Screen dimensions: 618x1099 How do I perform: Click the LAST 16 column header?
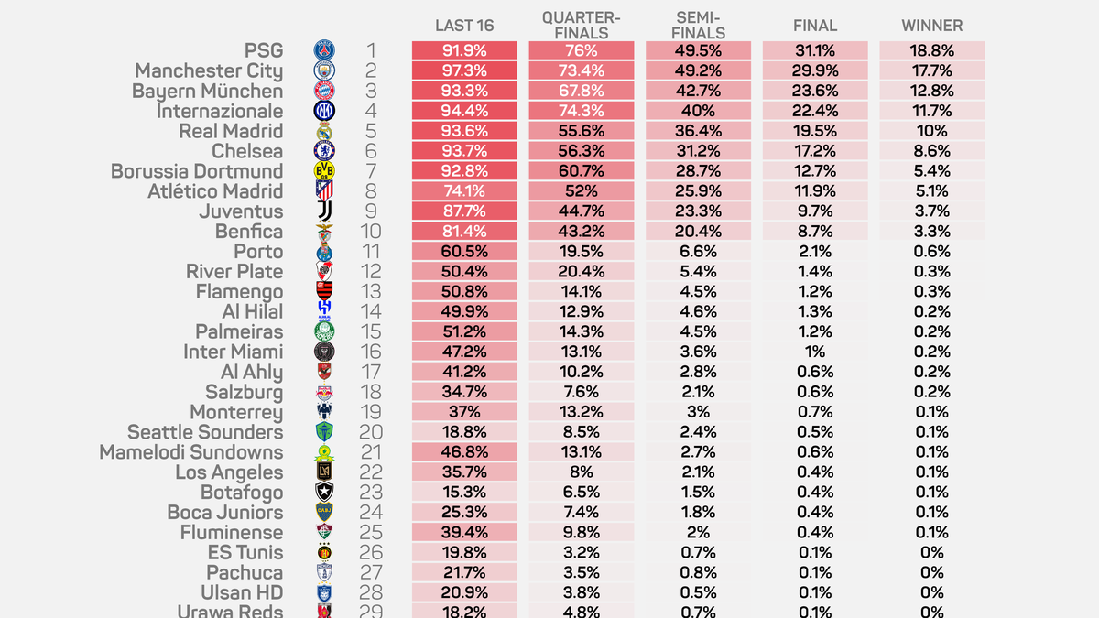point(464,26)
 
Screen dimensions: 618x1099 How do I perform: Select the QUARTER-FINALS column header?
point(582,26)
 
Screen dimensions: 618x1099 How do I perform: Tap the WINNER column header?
point(932,26)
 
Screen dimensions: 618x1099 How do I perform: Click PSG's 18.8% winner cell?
point(932,51)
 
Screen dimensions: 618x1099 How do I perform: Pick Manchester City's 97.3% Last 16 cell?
point(464,71)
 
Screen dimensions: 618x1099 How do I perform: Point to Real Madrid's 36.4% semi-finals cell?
point(698,131)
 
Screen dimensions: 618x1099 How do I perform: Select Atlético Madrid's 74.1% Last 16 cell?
point(464,191)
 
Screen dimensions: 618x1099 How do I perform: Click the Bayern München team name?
point(207,92)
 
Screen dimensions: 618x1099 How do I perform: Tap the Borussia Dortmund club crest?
point(325,171)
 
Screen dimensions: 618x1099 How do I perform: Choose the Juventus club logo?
point(325,211)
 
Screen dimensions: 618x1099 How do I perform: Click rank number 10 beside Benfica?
point(371,232)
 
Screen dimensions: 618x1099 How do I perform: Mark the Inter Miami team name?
point(234,352)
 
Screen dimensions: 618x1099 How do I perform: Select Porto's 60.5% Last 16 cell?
point(464,252)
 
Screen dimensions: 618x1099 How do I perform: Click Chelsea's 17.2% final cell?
point(815,151)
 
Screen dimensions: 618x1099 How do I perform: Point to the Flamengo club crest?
point(325,292)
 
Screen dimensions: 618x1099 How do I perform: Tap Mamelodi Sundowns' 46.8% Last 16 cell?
point(464,452)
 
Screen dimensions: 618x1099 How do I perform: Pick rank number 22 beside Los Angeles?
point(371,472)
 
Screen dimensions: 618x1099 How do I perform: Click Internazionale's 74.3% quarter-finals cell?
point(582,112)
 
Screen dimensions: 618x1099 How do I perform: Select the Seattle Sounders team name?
point(205,432)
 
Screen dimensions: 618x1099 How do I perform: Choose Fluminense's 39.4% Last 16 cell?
point(464,533)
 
